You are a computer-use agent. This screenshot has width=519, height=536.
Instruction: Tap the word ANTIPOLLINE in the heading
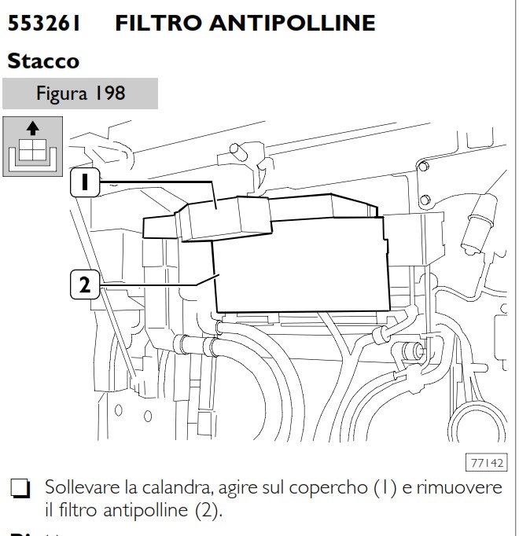click(291, 23)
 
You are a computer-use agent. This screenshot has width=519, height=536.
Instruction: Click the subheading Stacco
click(43, 60)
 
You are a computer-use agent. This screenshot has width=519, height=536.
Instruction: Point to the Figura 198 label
click(80, 94)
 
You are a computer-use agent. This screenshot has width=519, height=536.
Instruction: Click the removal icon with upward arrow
click(32, 146)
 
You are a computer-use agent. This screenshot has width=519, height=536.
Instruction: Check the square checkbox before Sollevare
click(19, 490)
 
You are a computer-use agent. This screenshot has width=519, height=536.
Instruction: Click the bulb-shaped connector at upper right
click(477, 224)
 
